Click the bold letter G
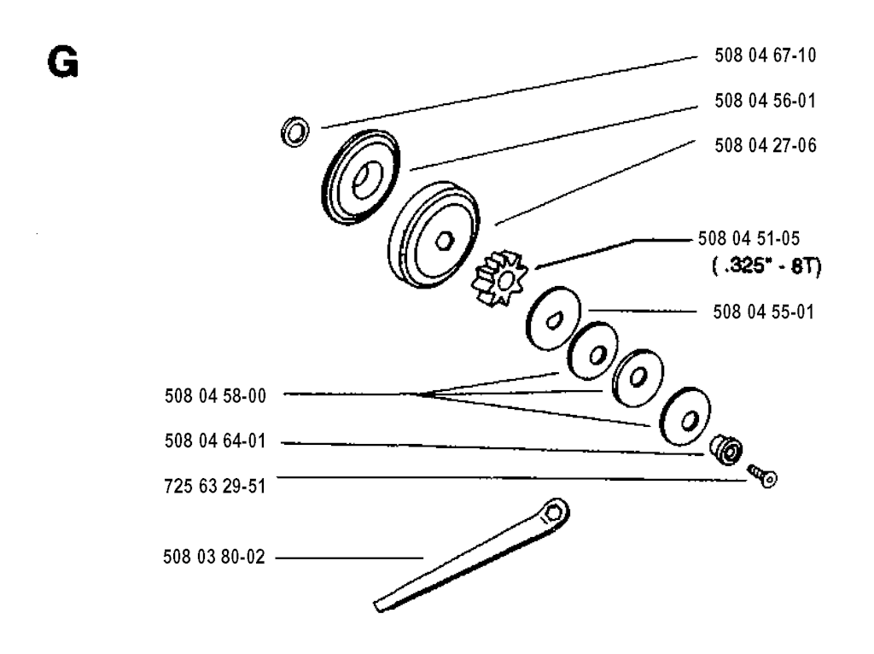click(x=63, y=61)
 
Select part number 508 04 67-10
click(x=766, y=55)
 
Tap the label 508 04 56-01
click(x=766, y=101)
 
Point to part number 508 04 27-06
click(x=766, y=145)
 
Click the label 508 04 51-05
click(x=749, y=238)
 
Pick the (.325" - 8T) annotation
click(x=766, y=266)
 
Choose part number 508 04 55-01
click(x=764, y=312)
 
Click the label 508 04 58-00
click(x=215, y=396)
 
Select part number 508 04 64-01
click(x=215, y=441)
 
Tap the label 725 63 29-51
click(x=215, y=486)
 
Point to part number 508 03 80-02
click(x=214, y=557)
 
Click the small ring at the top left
click(x=295, y=132)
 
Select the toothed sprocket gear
click(x=498, y=279)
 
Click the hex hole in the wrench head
click(x=553, y=511)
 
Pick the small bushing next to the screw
click(x=725, y=449)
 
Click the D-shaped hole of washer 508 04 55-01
click(x=554, y=320)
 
